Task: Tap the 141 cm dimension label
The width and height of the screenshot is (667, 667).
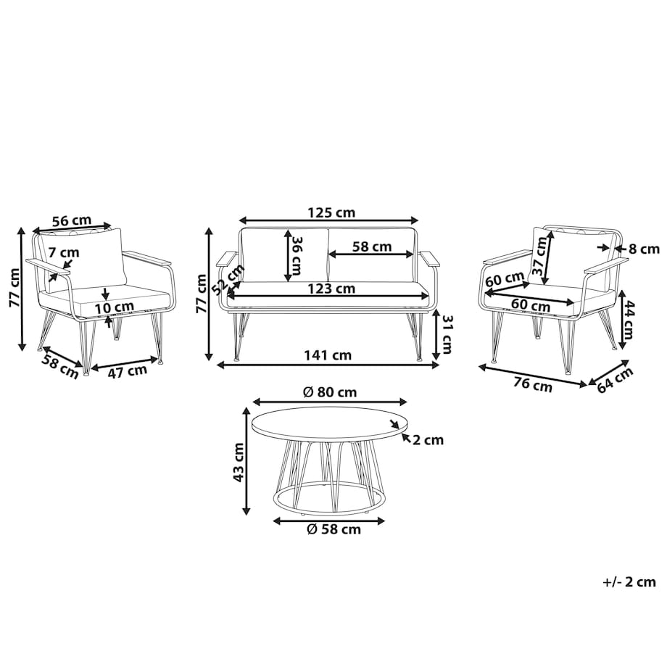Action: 328,355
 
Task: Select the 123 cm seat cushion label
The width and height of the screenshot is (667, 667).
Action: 331,289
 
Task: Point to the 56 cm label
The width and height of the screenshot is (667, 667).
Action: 72,221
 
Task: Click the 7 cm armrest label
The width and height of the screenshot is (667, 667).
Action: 64,252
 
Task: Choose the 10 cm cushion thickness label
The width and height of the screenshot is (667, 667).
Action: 114,307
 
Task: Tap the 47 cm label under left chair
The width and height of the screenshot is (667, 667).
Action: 127,371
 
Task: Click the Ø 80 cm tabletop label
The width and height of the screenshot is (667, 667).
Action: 330,391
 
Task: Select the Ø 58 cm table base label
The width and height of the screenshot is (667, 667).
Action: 334,529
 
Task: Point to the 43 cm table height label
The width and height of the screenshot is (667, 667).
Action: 239,463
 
